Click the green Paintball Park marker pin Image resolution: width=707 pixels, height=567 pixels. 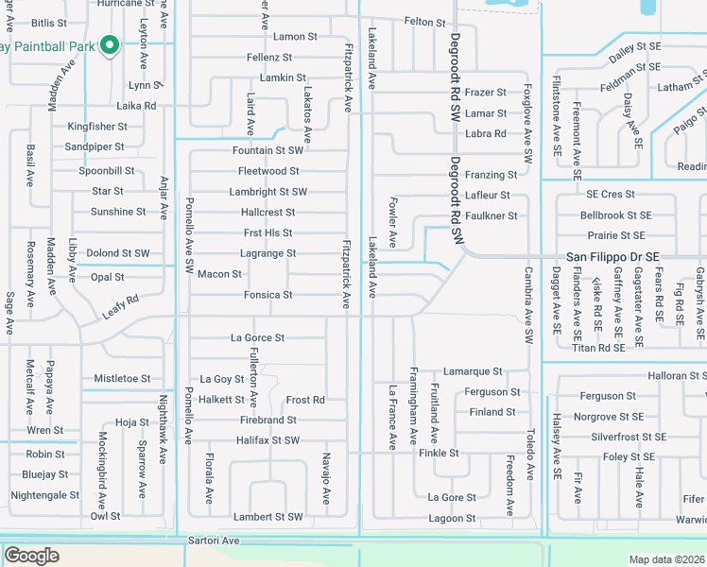coord(110,44)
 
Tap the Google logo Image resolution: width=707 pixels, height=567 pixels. coord(31,556)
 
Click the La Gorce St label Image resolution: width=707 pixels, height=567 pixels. coord(257,337)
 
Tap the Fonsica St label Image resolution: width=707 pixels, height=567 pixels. coord(267,295)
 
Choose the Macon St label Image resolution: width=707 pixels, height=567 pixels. coord(219,274)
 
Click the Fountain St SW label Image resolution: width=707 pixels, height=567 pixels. coord(267,150)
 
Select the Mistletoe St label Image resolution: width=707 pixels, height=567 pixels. coord(122,379)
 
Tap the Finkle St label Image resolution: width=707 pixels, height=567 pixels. coord(439,454)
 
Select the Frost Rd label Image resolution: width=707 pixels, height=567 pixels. coord(305,400)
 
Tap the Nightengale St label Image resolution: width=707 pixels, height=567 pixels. coord(45,495)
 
